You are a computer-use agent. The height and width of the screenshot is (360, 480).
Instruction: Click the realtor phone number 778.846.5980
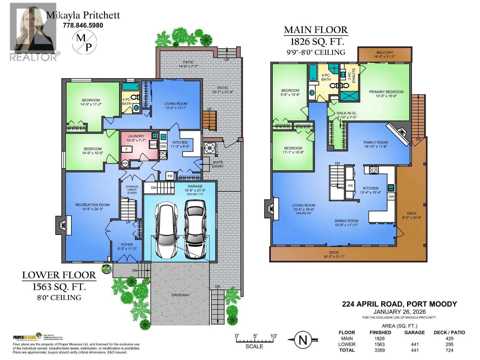click(83, 25)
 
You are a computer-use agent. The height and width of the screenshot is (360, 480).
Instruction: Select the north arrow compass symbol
click(303, 340)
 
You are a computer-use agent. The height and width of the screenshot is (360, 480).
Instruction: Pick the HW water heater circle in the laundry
click(125, 163)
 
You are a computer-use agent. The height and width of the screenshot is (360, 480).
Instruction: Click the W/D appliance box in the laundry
click(153, 144)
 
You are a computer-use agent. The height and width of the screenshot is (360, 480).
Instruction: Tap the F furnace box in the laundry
click(127, 149)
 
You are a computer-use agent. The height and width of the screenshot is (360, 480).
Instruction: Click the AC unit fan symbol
click(209, 148)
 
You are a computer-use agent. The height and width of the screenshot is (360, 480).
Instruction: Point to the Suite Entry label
click(217, 164)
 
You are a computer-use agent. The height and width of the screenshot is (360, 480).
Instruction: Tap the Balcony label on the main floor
click(385, 54)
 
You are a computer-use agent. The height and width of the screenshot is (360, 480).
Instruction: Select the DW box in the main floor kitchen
click(391, 197)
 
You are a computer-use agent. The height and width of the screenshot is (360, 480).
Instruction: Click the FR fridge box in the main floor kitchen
click(350, 186)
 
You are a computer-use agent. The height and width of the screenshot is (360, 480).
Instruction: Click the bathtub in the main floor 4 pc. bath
click(313, 72)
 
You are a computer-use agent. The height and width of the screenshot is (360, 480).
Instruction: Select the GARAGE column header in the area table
click(414, 332)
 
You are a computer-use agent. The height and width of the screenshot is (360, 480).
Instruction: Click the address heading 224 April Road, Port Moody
click(399, 304)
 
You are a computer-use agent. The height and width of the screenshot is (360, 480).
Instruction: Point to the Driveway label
click(181, 295)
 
